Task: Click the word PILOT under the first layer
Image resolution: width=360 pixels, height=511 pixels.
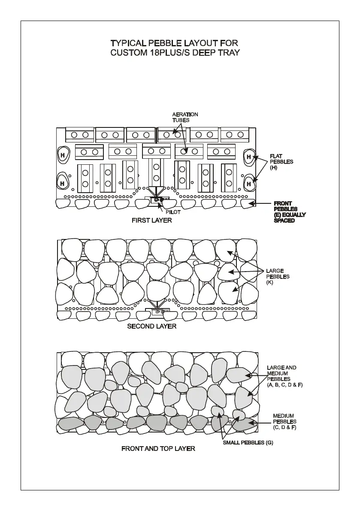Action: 173,212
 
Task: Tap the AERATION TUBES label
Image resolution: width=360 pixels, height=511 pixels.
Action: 185,117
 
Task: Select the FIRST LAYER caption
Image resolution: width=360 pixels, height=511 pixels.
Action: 151,221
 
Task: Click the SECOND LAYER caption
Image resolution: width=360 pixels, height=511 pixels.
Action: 151,327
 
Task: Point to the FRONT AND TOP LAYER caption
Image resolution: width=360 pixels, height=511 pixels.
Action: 158,449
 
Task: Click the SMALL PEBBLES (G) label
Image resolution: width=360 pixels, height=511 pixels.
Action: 248,442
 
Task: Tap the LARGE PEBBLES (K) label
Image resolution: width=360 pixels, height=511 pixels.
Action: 278,277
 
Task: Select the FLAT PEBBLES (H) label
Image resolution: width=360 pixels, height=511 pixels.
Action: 281,162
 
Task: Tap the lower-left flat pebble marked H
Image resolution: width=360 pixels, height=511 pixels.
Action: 63,183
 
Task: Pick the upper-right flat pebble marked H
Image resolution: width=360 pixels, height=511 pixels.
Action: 248,157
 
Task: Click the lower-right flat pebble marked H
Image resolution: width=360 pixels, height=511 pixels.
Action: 248,184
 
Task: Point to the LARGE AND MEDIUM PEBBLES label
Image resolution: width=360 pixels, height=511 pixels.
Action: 284,376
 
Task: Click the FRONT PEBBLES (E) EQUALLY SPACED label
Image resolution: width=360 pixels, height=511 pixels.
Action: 289,212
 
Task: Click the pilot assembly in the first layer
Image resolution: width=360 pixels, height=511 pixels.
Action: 160,200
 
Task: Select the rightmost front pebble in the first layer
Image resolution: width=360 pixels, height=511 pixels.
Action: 248,203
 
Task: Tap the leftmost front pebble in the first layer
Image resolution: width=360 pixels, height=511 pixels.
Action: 63,203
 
